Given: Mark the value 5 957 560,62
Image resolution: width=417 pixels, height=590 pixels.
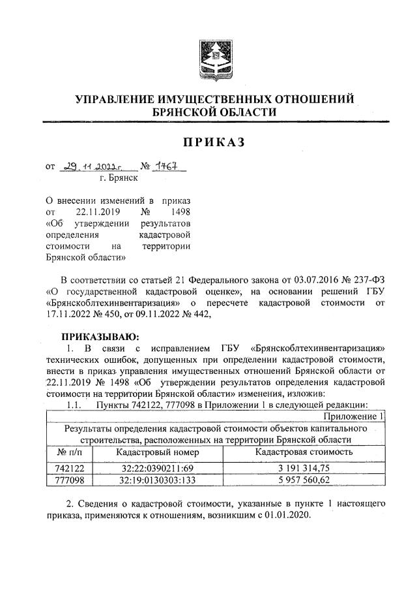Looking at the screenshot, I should point(304,479).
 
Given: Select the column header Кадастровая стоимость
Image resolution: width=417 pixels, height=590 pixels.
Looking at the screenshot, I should point(304,452).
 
